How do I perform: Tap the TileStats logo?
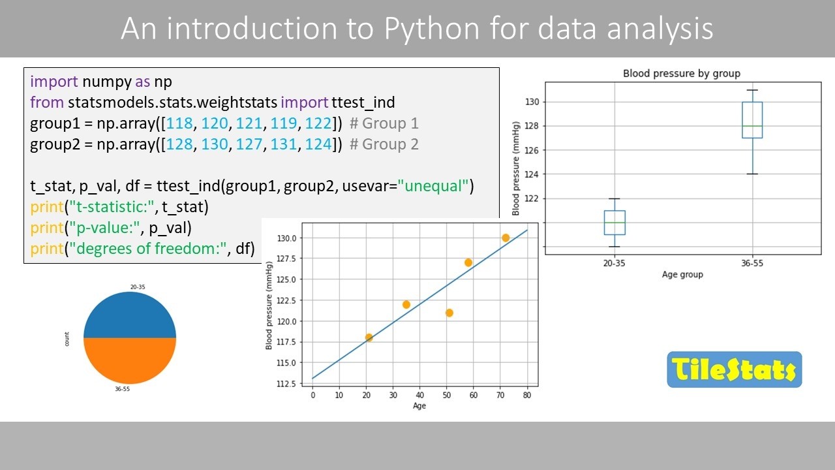pyautogui.click(x=734, y=370)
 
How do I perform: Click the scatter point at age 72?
pyautogui.click(x=506, y=238)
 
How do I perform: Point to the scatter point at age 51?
pyautogui.click(x=449, y=313)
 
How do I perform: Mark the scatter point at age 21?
pyautogui.click(x=369, y=337)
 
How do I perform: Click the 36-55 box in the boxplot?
pyautogui.click(x=752, y=120)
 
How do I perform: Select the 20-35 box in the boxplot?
pyautogui.click(x=615, y=223)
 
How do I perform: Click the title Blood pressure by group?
pyautogui.click(x=682, y=74)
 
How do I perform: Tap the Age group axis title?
pyautogui.click(x=682, y=275)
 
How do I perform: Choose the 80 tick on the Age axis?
pyautogui.click(x=527, y=395)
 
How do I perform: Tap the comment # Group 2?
pyautogui.click(x=384, y=144)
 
